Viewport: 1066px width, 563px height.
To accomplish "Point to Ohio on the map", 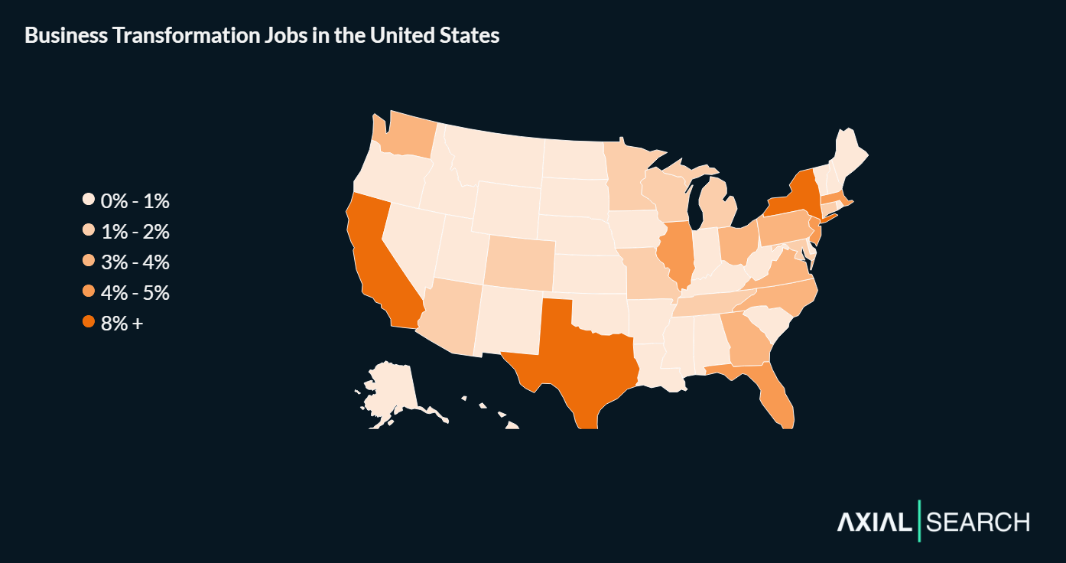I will pyautogui.click(x=737, y=245).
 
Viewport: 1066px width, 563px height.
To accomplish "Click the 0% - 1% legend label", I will pyautogui.click(x=135, y=201).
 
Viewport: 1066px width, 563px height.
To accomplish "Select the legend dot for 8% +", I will pyautogui.click(x=89, y=323).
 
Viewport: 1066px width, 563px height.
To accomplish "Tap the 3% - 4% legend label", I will pyautogui.click(x=135, y=262).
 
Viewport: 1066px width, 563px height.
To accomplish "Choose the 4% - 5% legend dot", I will pyautogui.click(x=89, y=292).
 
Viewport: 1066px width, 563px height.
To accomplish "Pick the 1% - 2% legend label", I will pyautogui.click(x=135, y=232).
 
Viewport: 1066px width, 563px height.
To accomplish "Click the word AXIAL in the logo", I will pyautogui.click(x=875, y=522).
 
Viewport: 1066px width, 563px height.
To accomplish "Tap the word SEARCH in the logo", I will pyautogui.click(x=978, y=522).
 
